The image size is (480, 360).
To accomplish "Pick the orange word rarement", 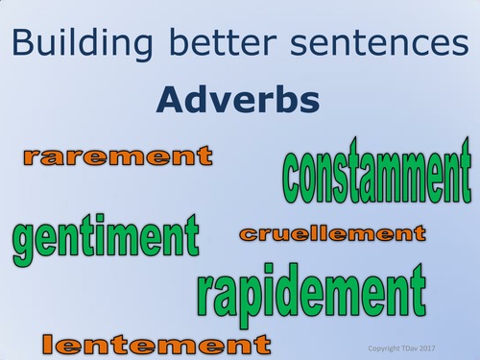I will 117,156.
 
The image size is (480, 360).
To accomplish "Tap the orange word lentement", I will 153,342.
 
